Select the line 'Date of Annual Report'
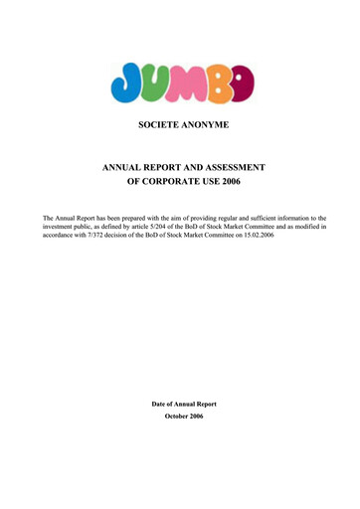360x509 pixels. (x=183, y=404)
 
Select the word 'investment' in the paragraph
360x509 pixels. (x=61, y=226)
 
